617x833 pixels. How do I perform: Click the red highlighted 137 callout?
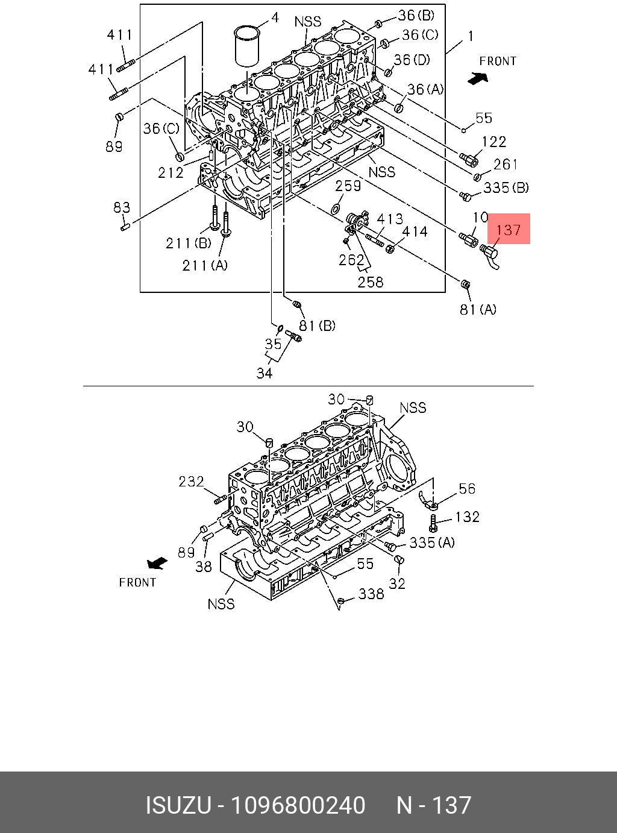(x=509, y=229)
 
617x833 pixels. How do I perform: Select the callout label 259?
(x=348, y=186)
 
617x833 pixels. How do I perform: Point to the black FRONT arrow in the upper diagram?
(x=478, y=78)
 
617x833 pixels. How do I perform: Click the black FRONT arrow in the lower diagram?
(x=157, y=562)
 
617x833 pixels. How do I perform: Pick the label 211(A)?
(x=205, y=266)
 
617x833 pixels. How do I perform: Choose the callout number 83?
(x=122, y=207)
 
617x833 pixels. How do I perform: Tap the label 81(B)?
(x=318, y=325)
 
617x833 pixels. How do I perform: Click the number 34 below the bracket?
(x=265, y=373)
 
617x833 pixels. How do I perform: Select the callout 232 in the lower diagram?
(x=191, y=481)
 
